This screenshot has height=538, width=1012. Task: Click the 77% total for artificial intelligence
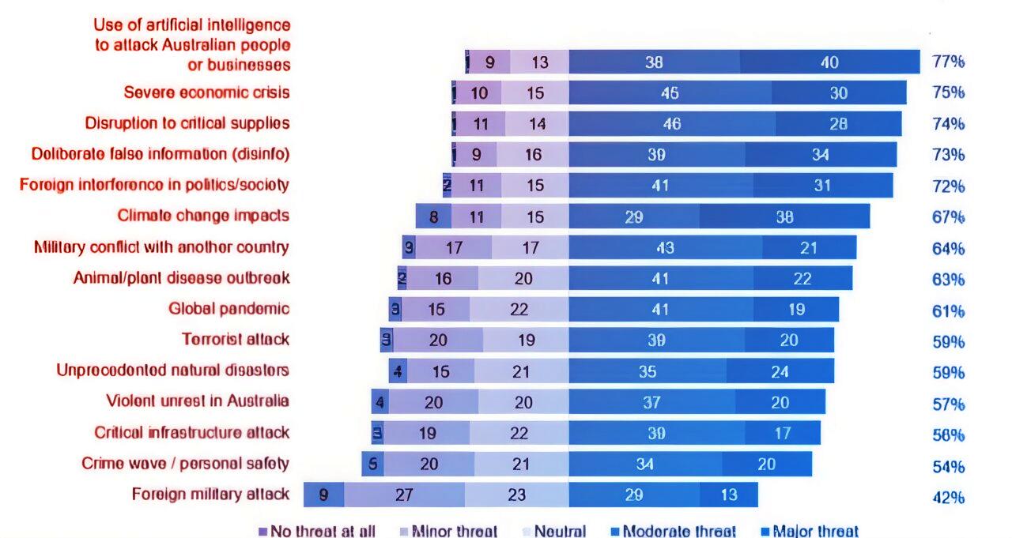coord(948,62)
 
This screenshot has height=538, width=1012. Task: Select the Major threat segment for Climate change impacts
coord(784,216)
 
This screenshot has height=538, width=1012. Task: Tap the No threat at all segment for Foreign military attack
coord(323,495)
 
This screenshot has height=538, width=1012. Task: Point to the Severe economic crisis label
coord(206,92)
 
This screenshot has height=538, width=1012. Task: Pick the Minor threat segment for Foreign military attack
coord(404,495)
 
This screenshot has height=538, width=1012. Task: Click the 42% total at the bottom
coord(948,497)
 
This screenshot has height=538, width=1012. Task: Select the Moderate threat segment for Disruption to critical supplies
coord(671,123)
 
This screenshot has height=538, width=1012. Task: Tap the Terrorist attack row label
coord(236,340)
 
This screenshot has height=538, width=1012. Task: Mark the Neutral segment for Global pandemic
coord(519,309)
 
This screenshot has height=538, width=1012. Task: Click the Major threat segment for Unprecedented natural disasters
coord(780,371)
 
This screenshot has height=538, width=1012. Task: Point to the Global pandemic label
coord(228,309)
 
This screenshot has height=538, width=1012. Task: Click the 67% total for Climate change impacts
coord(948,217)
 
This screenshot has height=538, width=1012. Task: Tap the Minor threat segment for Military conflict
coord(453,247)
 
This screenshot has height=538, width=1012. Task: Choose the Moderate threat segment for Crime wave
coord(645,464)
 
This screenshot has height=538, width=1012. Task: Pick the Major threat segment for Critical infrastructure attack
coord(782,433)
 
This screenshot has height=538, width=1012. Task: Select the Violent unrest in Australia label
coord(198,401)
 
